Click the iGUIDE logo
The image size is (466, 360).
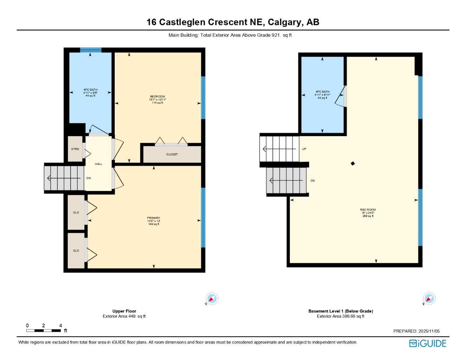tap(428, 343)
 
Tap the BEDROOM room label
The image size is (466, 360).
tap(157, 97)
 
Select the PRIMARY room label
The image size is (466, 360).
tap(153, 218)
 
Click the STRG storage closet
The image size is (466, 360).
tap(75, 149)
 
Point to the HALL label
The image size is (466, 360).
tap(98, 164)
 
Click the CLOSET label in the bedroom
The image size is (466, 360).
tap(172, 154)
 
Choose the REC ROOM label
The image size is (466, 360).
tap(368, 210)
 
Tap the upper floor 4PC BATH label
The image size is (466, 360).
tap(90, 90)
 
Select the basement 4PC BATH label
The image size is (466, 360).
tap(322, 92)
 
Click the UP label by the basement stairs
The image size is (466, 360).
tap(304, 149)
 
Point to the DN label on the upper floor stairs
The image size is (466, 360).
tap(89, 178)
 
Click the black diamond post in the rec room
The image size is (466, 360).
tap(353, 163)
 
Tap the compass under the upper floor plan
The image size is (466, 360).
tap(212, 299)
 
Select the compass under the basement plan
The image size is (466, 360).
tap(429, 299)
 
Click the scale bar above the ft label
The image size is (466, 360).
tap(44, 330)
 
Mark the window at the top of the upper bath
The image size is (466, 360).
tap(91, 50)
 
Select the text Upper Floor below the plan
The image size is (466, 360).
tap(124, 311)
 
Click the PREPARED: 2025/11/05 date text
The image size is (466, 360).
tap(416, 331)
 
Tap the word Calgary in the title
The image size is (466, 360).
tap(284, 22)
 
